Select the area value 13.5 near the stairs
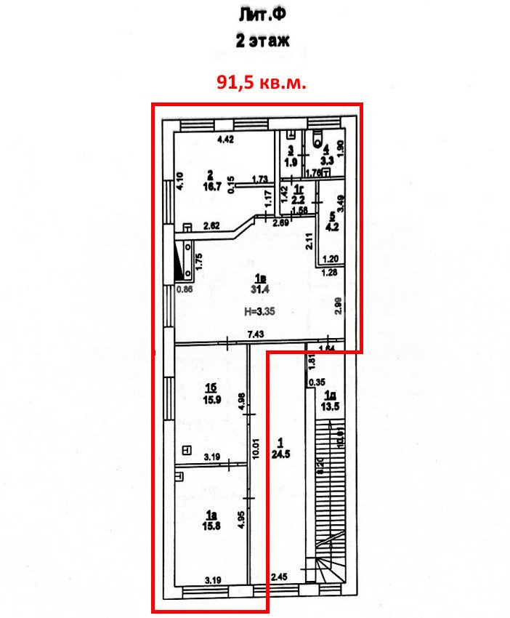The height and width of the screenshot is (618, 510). pos(331,406)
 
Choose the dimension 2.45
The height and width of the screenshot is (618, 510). pos(280,577)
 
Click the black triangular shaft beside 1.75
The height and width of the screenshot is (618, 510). pos(179,262)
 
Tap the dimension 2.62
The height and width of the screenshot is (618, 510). pos(211,225)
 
